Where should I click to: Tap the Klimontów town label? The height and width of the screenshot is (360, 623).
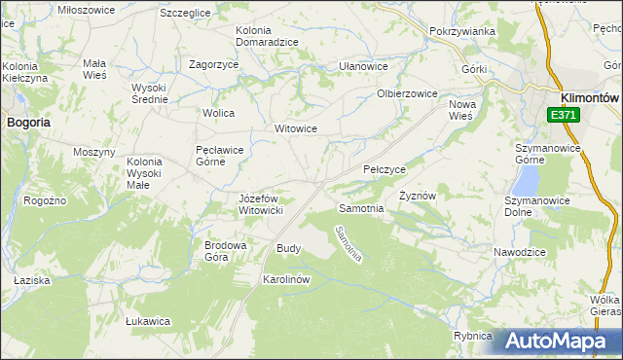591,97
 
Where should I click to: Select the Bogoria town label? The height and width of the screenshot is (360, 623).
28,123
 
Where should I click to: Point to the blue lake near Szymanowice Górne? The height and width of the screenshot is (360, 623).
527,179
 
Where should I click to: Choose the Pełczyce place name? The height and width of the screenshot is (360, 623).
384,169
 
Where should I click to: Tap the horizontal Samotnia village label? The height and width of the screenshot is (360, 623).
360,209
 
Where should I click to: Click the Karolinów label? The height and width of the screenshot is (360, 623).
286,279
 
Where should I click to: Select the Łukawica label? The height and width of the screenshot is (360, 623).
149,320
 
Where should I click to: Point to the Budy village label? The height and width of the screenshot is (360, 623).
289,248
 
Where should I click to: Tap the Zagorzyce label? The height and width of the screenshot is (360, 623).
214,64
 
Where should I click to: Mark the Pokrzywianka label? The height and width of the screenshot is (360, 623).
462,31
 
